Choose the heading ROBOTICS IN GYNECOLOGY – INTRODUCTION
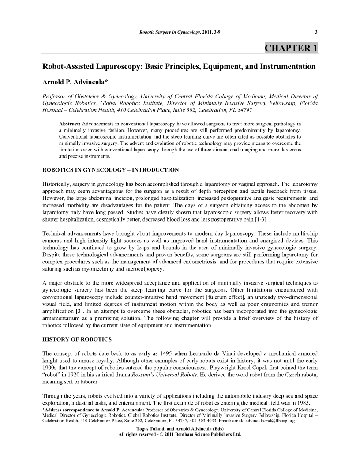pos(110,170)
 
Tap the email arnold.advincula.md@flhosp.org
pos(257,421)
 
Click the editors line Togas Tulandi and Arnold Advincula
pos(180,429)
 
